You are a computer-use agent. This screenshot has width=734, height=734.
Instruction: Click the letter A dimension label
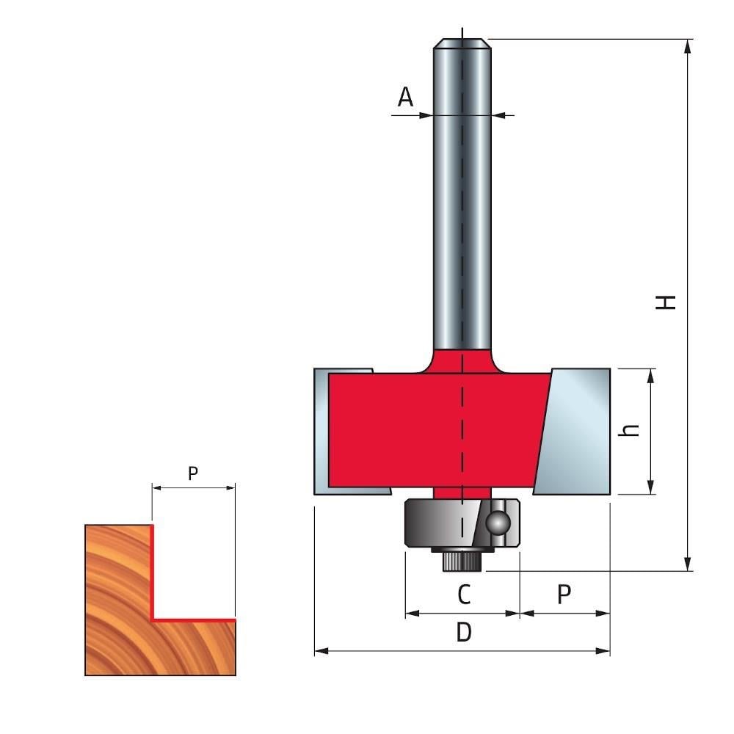pyautogui.click(x=405, y=97)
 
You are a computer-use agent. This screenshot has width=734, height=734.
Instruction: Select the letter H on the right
pyautogui.click(x=665, y=302)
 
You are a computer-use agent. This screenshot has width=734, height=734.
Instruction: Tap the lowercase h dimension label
pyautogui.click(x=629, y=429)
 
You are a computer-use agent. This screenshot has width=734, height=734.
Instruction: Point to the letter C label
pyautogui.click(x=463, y=594)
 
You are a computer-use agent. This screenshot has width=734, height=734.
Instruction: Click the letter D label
pyautogui.click(x=463, y=632)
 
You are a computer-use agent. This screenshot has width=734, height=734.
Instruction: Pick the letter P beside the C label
pyautogui.click(x=564, y=594)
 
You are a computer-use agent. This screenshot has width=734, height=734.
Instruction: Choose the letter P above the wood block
pyautogui.click(x=193, y=473)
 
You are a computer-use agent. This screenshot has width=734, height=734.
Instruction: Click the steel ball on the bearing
pyautogui.click(x=498, y=523)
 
